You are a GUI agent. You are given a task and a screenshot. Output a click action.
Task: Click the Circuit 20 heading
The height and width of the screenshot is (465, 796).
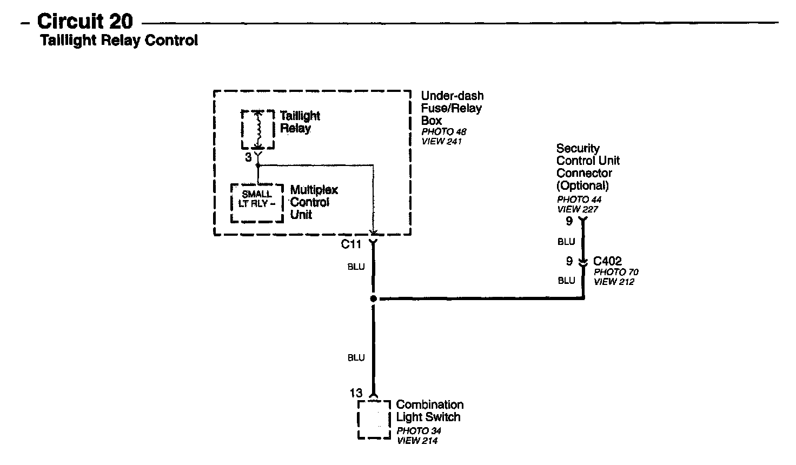[x=85, y=22]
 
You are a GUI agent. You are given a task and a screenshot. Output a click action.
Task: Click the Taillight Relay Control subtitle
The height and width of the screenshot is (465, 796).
[x=119, y=40]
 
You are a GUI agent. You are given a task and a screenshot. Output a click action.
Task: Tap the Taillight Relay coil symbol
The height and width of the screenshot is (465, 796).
[x=258, y=129]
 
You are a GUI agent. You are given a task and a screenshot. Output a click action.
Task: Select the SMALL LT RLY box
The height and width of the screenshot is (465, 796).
[x=257, y=203]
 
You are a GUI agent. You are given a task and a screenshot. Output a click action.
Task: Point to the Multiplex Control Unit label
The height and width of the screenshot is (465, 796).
[x=314, y=202]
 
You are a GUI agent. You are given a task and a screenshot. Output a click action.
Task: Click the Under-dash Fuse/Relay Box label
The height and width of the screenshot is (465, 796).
[x=452, y=108]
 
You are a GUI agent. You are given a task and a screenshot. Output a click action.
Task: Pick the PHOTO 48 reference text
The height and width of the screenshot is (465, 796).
[x=443, y=132]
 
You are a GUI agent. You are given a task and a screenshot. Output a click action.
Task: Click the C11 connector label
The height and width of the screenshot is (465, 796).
[x=351, y=244]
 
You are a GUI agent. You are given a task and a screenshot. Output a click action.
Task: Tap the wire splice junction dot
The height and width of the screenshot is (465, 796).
[x=373, y=298]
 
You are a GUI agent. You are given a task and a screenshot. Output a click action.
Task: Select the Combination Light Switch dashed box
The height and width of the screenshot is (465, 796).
[x=374, y=420]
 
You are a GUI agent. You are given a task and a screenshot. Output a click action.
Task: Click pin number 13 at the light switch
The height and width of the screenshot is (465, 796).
[x=356, y=393]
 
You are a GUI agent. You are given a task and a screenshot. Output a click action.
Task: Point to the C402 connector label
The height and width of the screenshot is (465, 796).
[x=607, y=261]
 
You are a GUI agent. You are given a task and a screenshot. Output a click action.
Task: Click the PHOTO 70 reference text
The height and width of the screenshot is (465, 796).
[x=616, y=272]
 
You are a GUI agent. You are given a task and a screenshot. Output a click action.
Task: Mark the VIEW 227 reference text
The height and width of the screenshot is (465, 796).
[x=578, y=209]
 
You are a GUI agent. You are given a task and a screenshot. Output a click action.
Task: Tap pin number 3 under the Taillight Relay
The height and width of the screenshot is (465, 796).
[x=248, y=157]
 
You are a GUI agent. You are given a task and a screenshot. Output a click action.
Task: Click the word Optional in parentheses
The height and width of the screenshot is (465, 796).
[x=583, y=185]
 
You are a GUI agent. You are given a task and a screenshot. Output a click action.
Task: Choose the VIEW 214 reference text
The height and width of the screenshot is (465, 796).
[x=417, y=441]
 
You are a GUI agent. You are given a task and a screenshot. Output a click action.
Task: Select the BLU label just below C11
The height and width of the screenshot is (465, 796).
[x=356, y=267]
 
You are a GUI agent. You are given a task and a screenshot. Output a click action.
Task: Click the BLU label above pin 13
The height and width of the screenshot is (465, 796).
[x=356, y=358]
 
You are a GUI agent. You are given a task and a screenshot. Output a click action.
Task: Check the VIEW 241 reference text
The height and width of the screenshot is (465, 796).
[x=442, y=142]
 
